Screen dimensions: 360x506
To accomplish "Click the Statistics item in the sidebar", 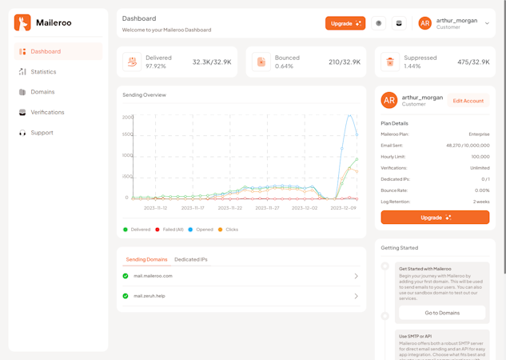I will pos(43,72).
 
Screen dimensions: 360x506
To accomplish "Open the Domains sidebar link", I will pos(42,92).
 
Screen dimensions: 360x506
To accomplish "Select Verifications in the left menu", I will pos(47,113).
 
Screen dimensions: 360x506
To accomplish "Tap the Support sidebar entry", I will pos(42,133).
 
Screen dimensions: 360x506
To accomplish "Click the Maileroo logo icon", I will pos(22,22).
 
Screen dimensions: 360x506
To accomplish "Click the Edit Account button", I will pos(468,101).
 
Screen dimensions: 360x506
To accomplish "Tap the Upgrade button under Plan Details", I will pos(435,217).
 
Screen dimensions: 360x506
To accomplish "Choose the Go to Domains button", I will pos(442,313).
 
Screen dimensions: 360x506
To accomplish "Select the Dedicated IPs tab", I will pos(191,259).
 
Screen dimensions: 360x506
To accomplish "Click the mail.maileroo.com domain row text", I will pos(153,276).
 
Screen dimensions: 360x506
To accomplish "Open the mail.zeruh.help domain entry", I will pos(149,296).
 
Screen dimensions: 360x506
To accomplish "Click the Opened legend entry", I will pos(204,230).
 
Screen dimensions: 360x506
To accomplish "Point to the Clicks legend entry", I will pos(231,230).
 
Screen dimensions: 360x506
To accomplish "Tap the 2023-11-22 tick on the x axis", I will pos(230,208).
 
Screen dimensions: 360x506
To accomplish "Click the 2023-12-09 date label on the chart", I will pos(343,208).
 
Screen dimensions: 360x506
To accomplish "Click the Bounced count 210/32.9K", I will pos(345,62).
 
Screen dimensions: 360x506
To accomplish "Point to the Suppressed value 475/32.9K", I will pos(473,62).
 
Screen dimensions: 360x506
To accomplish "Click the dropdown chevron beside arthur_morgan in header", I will pos(487,23).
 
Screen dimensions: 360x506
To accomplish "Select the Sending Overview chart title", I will pos(144,95).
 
